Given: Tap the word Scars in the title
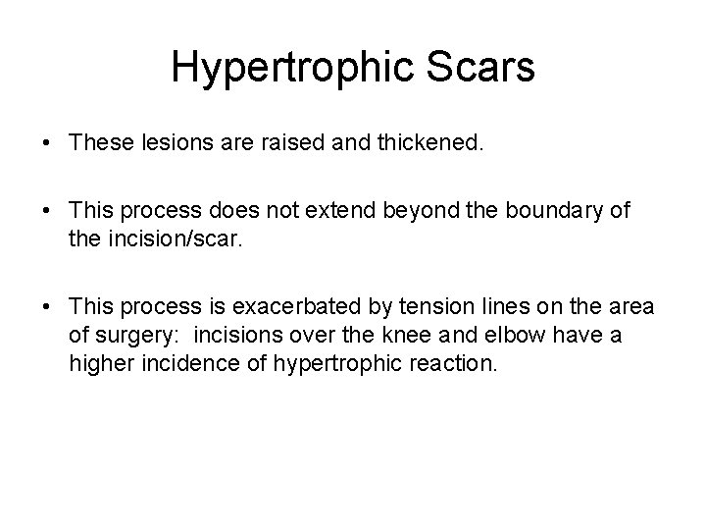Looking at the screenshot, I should click(x=489, y=69).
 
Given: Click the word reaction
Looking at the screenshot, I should click(x=460, y=363).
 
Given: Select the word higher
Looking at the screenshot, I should click(x=95, y=363).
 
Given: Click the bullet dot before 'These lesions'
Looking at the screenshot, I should click(x=47, y=145).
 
